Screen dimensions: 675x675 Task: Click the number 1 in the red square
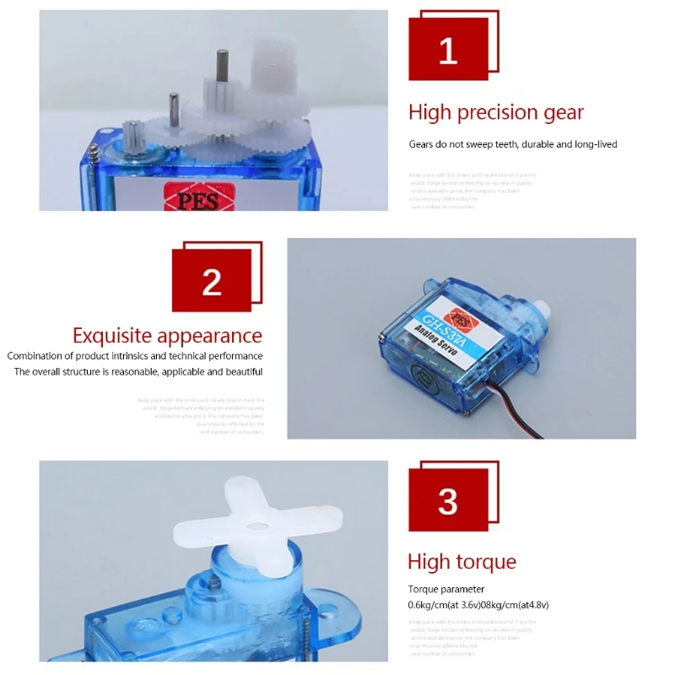(x=448, y=51)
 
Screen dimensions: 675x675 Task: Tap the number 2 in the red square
(x=212, y=283)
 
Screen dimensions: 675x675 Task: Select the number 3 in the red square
(x=448, y=501)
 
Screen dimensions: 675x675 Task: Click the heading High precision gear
(x=496, y=112)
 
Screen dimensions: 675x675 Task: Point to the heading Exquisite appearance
(x=167, y=336)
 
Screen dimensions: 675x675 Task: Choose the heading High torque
(x=462, y=562)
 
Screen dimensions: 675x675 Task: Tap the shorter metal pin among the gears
(x=173, y=105)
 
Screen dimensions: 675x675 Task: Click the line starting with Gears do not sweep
(x=513, y=144)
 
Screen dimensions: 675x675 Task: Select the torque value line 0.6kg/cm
(x=479, y=605)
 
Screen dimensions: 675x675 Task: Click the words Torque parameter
(x=445, y=589)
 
